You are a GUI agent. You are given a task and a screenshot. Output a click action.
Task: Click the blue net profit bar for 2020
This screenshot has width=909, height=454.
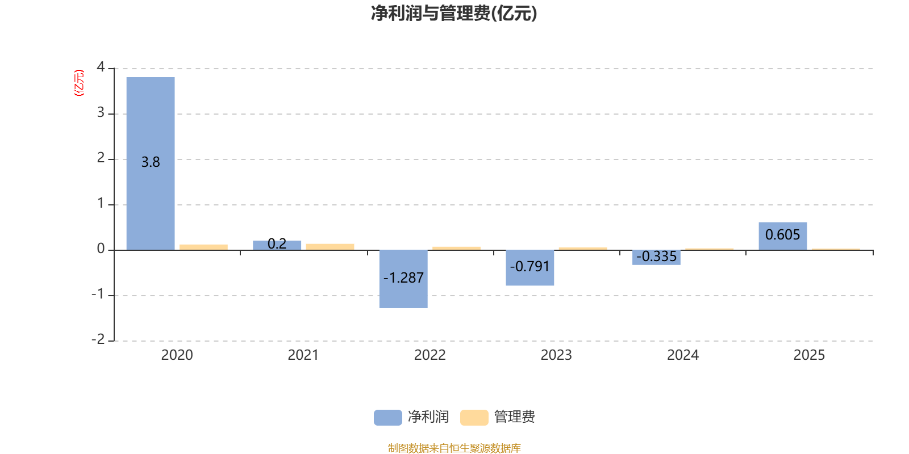151,163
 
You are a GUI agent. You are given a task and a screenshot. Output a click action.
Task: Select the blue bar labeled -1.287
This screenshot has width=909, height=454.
403,279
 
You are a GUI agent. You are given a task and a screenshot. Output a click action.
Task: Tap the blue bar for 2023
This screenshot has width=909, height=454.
529,267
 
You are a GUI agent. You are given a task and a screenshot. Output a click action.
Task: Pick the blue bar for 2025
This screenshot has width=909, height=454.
782,236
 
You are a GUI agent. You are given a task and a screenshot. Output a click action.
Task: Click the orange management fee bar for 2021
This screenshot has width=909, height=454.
330,247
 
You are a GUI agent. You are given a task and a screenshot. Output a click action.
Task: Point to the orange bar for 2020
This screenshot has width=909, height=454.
203,247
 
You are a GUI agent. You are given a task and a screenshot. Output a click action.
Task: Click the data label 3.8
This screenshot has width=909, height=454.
151,162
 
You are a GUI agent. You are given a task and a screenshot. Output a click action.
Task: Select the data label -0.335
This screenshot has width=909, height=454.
656,257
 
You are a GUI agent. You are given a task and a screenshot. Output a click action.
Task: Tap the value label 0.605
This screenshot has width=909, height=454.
782,235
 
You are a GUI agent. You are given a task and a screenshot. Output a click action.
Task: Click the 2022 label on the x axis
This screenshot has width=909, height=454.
430,355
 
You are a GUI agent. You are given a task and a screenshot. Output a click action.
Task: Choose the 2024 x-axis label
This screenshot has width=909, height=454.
682,355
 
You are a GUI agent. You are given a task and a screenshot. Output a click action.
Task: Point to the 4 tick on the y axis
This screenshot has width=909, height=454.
101,67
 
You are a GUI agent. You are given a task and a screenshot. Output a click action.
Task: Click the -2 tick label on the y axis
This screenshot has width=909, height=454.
98,339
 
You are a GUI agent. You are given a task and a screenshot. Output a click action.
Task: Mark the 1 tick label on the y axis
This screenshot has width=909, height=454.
101,203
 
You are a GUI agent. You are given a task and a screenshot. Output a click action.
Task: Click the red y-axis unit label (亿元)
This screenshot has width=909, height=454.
79,83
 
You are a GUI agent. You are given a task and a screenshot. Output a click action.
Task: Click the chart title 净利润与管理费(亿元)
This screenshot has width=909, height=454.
454,13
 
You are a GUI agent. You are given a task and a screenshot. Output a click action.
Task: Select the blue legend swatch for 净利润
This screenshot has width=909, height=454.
388,418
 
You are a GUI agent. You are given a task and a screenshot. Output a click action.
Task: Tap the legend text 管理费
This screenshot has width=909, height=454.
514,417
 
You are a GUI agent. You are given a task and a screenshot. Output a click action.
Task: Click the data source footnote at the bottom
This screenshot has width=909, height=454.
454,448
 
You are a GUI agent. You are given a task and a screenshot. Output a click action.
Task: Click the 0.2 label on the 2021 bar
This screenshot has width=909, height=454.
277,243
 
